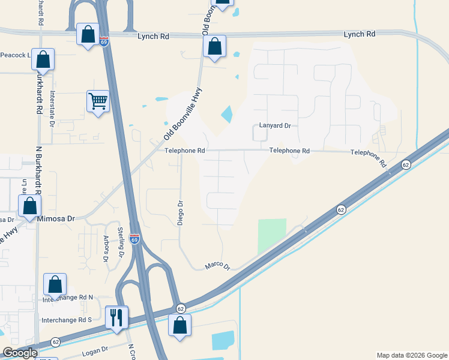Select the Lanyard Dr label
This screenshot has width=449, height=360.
click(275, 126)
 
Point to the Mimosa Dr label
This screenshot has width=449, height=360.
click(56, 219)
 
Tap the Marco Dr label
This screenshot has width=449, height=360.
click(218, 265)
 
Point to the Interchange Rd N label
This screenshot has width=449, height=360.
click(68, 298)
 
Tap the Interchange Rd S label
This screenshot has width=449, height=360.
click(67, 320)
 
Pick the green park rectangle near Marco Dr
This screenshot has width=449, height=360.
click(273, 236)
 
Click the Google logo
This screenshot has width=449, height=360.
click(20, 353)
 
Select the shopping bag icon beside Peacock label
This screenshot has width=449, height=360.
click(43, 59)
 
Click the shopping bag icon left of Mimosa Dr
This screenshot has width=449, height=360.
click(29, 206)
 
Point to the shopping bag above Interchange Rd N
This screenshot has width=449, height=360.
click(55, 284)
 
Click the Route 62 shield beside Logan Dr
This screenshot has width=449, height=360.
click(55, 341)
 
